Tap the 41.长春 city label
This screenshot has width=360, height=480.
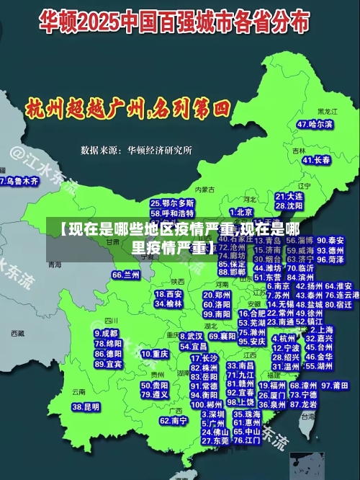coord(316,160)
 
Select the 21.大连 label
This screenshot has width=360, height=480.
coord(289,196)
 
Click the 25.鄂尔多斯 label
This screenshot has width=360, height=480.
coord(172,203)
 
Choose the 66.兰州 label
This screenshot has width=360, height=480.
coord(126,275)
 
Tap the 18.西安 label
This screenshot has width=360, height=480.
coord(168,294)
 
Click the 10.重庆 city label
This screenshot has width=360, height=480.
coord(155,354)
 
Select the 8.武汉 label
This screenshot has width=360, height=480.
coord(191,336)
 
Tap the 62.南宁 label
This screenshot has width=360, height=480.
coord(174,420)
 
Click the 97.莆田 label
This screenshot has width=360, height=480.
coord(336,386)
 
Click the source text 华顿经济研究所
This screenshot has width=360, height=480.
coord(159,151)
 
